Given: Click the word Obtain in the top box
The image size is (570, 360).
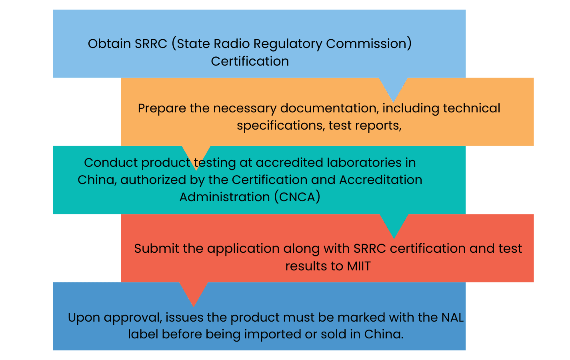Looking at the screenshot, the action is pyautogui.click(x=109, y=44).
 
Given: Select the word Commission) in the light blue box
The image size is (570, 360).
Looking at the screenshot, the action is pyautogui.click(x=369, y=44).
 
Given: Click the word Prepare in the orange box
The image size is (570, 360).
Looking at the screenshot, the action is pyautogui.click(x=162, y=109).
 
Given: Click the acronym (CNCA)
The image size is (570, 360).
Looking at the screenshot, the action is pyautogui.click(x=297, y=197).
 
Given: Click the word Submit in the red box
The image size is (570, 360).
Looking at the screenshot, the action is pyautogui.click(x=156, y=248).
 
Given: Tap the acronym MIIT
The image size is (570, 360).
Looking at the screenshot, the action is pyautogui.click(x=359, y=266).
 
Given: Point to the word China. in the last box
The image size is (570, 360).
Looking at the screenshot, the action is pyautogui.click(x=384, y=334).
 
